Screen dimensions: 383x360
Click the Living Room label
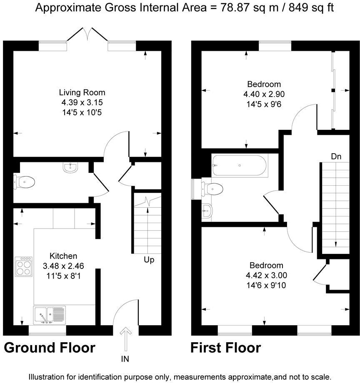tap(82, 92)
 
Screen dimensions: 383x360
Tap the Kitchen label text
tap(63, 256)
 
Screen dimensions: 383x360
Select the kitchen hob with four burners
tap(23, 266)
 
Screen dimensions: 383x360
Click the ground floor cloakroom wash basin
tap(70, 168)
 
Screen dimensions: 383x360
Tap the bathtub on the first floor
tap(239, 166)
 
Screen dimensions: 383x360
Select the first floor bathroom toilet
tap(212, 188)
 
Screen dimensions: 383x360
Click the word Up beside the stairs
tap(149, 260)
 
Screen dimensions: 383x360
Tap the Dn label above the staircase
tap(336, 157)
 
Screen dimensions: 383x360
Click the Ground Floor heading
tap(50, 348)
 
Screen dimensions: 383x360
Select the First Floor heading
tap(226, 348)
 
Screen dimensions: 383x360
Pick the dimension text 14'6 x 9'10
tap(266, 286)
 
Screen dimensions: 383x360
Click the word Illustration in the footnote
tap(47, 377)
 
